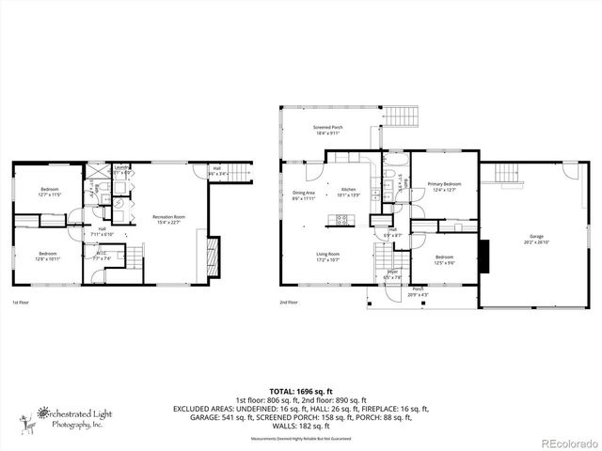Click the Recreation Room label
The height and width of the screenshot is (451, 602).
[x=170, y=219]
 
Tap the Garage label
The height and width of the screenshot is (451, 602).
[x=536, y=238]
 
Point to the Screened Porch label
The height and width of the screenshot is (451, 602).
[x=327, y=130]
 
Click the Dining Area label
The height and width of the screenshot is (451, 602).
[x=303, y=194]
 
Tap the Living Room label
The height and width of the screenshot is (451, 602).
[x=327, y=257]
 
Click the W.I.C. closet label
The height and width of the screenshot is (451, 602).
[x=103, y=255]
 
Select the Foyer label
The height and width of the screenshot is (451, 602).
[x=392, y=274]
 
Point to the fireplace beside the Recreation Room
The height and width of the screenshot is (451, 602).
[x=214, y=252]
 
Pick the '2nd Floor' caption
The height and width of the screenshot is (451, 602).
[x=289, y=303]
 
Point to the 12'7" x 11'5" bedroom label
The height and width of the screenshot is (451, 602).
[x=49, y=193]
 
